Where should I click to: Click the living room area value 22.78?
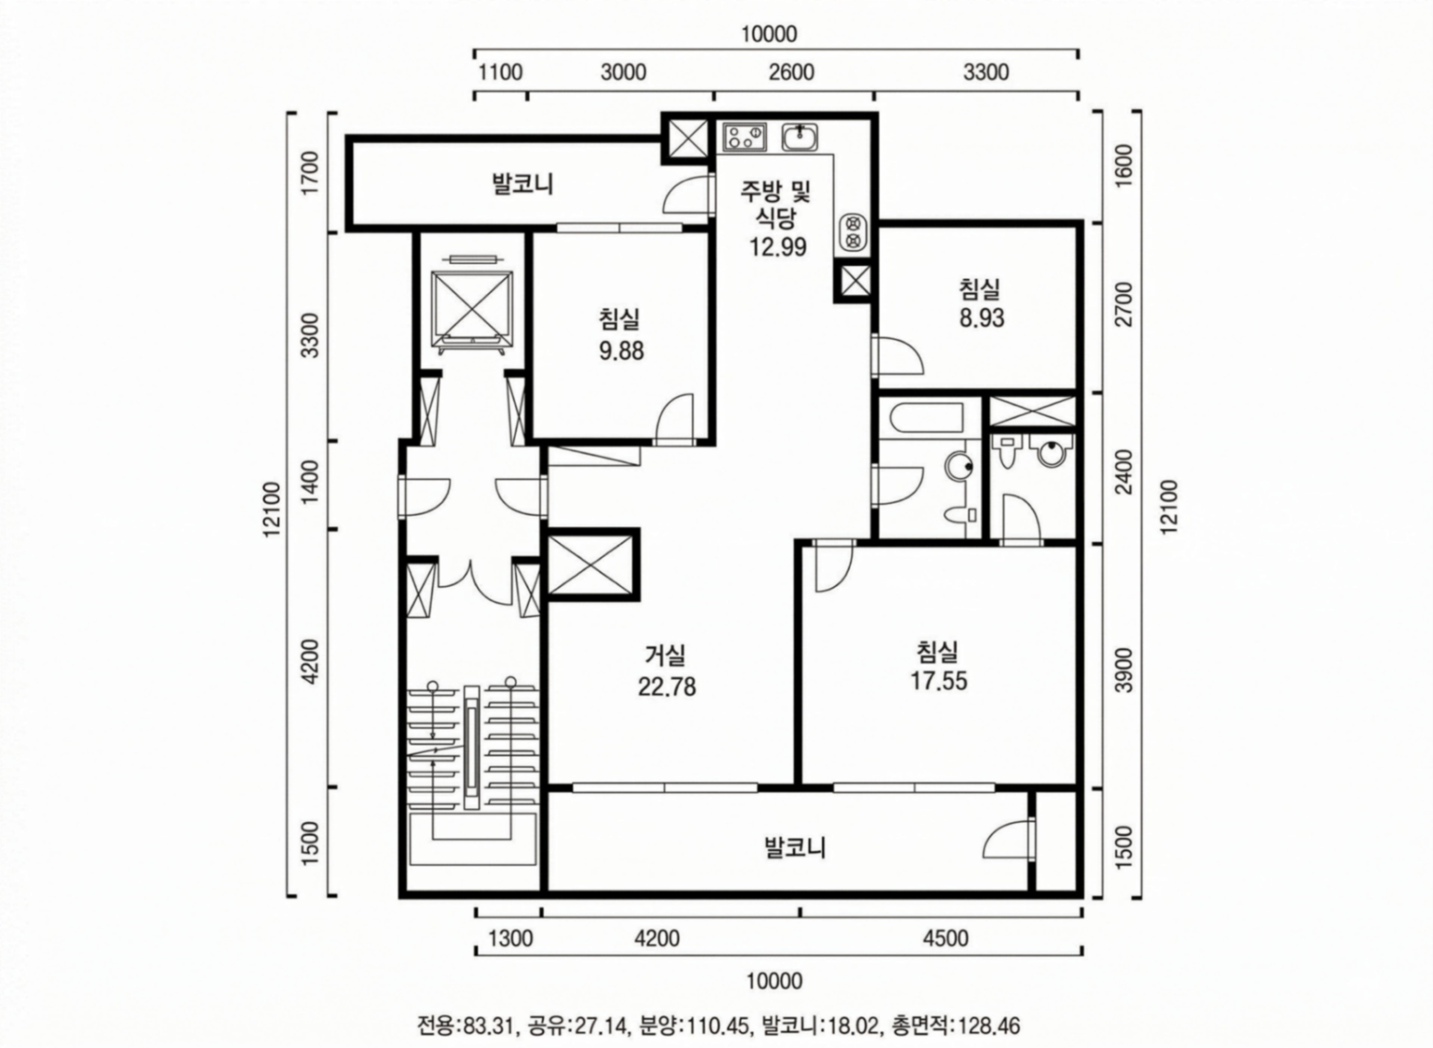point(667,687)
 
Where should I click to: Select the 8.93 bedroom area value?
point(981,318)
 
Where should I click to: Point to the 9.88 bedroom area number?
point(622,351)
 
